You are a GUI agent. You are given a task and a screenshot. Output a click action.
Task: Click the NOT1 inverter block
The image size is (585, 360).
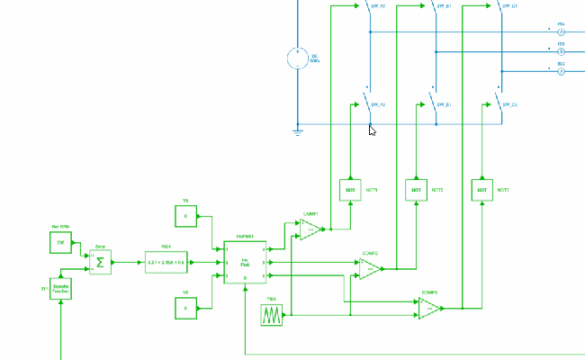click(x=349, y=190)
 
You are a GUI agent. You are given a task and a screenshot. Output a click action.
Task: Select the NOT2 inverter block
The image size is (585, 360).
click(x=416, y=190)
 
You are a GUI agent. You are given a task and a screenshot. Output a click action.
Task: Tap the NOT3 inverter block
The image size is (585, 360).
click(x=481, y=190)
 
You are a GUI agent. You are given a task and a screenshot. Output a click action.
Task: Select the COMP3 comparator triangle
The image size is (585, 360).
click(x=429, y=309)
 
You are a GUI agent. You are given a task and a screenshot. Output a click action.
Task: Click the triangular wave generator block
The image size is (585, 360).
click(x=272, y=315)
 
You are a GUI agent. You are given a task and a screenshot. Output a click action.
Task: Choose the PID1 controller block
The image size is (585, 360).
click(x=166, y=262)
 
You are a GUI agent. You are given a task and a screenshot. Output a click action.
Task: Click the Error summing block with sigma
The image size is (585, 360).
click(x=100, y=262)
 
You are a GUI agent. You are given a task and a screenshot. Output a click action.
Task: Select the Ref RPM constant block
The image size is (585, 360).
click(x=61, y=243)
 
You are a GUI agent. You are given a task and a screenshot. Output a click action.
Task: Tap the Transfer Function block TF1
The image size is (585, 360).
click(x=60, y=289)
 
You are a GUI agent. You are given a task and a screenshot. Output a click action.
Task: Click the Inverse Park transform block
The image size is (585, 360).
click(x=245, y=262)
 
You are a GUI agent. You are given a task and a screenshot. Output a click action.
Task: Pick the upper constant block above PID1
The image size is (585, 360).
click(x=185, y=216)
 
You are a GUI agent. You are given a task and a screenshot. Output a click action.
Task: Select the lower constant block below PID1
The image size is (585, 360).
click(x=185, y=308)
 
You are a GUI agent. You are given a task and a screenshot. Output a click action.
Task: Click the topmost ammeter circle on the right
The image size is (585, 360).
click(x=561, y=31)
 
